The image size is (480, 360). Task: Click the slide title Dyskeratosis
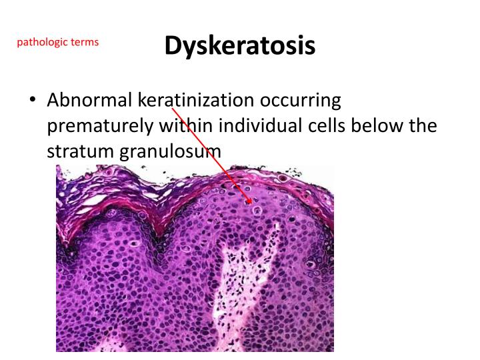point(239,45)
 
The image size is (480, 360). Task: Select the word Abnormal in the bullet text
point(89,101)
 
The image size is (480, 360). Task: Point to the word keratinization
point(196,101)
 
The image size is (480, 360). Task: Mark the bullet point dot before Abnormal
point(32,101)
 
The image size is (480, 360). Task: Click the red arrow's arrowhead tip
point(252,203)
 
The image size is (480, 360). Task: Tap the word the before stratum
point(423,126)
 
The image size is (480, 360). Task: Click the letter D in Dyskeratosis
point(173,45)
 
